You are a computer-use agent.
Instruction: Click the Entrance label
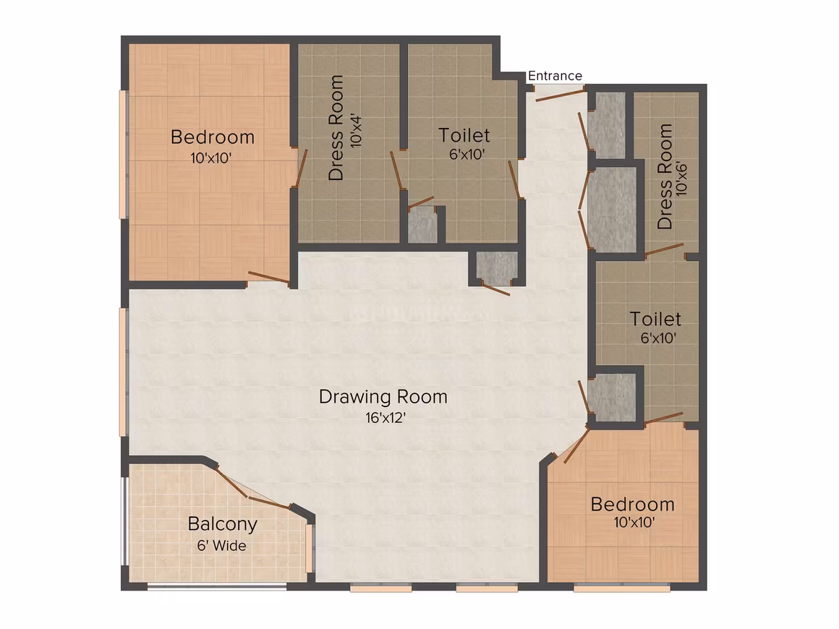[x=555, y=76]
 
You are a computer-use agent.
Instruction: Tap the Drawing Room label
[x=383, y=397]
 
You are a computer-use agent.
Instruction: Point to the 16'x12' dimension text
[x=386, y=418]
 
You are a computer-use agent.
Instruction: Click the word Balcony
[x=223, y=524]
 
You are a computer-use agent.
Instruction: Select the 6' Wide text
[x=221, y=546]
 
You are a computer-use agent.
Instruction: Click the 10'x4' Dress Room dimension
[x=357, y=131]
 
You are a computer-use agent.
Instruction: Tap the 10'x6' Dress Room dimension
[x=681, y=178]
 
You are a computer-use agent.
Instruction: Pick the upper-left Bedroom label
[x=213, y=137]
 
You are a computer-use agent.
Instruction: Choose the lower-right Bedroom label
[x=632, y=505]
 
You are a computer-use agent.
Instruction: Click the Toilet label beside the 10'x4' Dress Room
[x=464, y=135]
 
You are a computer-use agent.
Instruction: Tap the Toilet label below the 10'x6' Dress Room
[x=655, y=320]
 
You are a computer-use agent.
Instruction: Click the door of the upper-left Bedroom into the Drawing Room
[x=269, y=276]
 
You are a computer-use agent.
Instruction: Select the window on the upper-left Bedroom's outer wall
[x=123, y=155]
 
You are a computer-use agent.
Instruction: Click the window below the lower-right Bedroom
[x=622, y=588]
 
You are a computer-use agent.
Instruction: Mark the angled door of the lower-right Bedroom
[x=577, y=445]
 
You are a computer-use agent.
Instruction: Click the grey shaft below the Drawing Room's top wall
[x=497, y=268]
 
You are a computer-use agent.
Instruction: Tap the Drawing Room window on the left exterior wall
[x=123, y=372]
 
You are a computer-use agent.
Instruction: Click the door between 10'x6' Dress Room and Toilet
[x=664, y=250]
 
